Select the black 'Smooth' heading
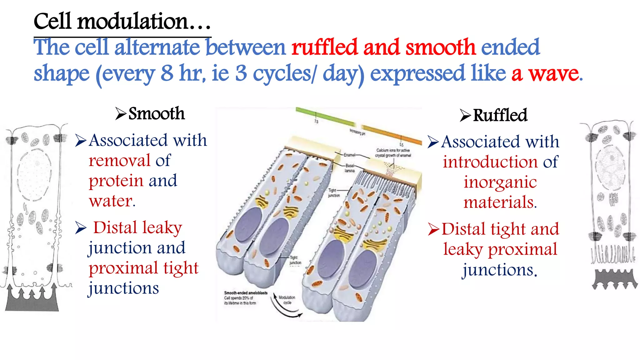click(156, 113)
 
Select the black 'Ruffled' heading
click(500, 115)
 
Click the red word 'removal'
click(120, 161)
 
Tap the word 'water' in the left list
click(111, 201)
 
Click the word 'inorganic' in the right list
click(500, 182)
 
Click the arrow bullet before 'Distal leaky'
click(81, 228)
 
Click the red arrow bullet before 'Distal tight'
click(434, 229)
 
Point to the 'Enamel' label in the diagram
click(349, 155)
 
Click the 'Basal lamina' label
click(350, 168)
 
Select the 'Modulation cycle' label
click(287, 300)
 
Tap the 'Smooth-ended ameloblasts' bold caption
click(246, 293)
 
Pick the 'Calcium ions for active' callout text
click(393, 150)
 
